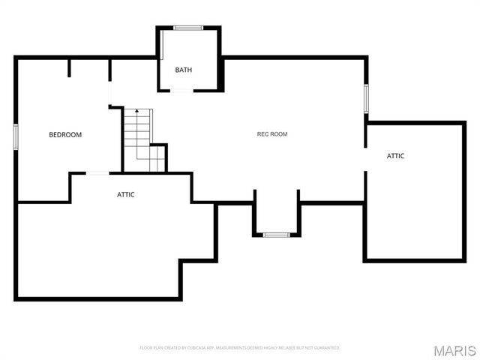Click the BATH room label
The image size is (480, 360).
(184, 70)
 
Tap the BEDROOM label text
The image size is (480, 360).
(65, 135)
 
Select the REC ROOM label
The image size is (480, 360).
(272, 134)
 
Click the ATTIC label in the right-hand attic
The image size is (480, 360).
(395, 156)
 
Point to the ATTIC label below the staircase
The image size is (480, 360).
(125, 194)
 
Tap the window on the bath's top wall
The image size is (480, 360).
(187, 28)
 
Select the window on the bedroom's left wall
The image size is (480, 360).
(16, 136)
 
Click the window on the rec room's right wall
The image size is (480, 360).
(366, 98)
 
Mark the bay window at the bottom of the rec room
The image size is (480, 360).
(276, 235)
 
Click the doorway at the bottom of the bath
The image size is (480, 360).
(182, 91)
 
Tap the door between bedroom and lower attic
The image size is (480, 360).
(97, 173)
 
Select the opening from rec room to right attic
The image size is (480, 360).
(366, 148)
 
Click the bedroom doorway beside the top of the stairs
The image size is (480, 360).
(110, 94)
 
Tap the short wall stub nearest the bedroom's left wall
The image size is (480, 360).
(69, 68)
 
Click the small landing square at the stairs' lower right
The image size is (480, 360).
(157, 159)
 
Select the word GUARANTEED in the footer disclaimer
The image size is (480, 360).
(327, 348)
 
